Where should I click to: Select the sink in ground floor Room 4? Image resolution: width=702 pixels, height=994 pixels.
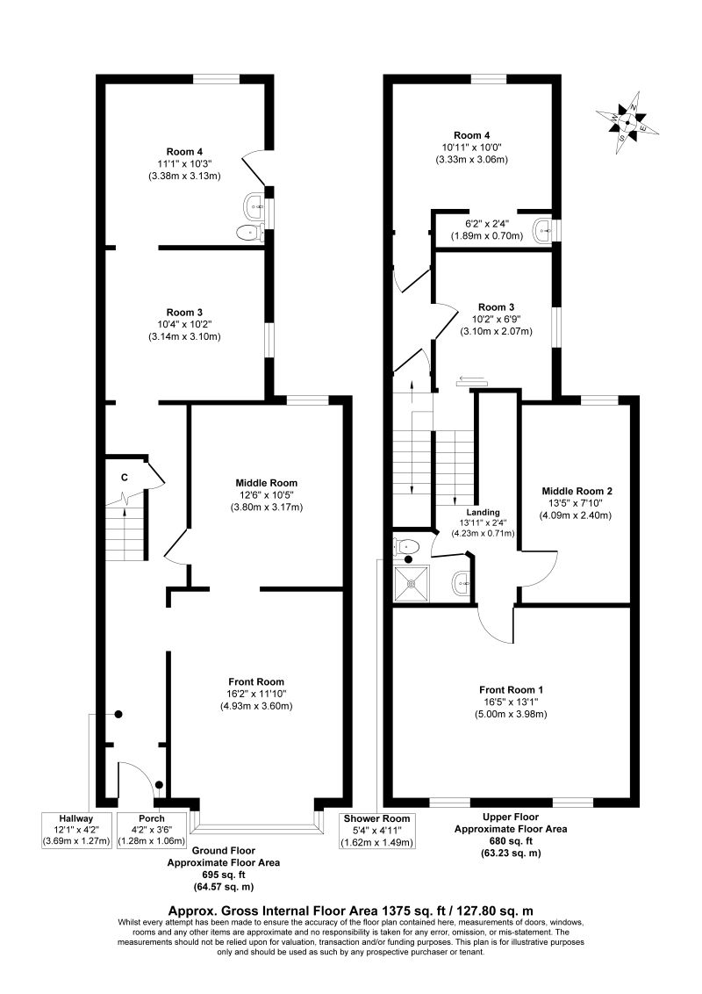tap(254, 204)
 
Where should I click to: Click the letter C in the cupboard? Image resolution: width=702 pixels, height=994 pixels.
tap(125, 478)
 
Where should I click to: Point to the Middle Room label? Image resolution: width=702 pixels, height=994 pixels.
tap(266, 483)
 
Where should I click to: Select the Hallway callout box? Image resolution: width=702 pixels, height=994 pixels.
tap(76, 830)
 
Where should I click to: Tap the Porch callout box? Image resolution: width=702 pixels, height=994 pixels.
tap(152, 830)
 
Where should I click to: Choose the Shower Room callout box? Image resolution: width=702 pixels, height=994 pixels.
tap(377, 830)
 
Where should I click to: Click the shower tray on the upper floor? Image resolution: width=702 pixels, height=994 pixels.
tap(412, 582)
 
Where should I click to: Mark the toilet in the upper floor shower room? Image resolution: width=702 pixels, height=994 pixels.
tap(405, 546)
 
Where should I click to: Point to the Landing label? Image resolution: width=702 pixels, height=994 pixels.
tap(484, 512)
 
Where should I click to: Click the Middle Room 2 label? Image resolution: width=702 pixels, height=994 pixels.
tap(577, 492)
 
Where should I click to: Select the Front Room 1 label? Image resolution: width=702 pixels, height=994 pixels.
tap(511, 689)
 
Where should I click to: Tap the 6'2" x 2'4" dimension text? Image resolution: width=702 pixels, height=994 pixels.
tap(487, 224)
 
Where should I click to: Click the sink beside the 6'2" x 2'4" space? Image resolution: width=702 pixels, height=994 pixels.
tap(544, 229)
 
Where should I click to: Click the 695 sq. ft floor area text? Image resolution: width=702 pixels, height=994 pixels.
tap(223, 875)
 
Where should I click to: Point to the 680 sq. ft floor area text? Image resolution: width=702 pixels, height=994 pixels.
tap(511, 840)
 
